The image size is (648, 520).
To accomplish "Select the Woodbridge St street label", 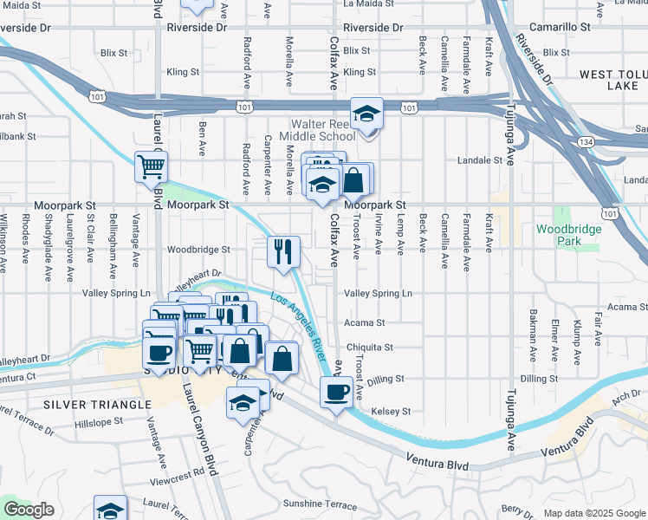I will point(199,249).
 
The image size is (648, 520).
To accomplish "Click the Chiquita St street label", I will point(370,348).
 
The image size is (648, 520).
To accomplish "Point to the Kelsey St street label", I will point(390,411).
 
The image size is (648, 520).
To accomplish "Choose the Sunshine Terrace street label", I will point(320,504).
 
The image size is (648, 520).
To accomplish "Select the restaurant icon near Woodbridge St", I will point(283,252).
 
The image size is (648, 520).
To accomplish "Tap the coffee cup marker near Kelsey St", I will point(336,392).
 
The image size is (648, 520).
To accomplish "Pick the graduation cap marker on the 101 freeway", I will point(366,114).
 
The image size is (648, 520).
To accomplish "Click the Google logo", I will point(29,510).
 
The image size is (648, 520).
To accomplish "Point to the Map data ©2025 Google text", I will point(593,513).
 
